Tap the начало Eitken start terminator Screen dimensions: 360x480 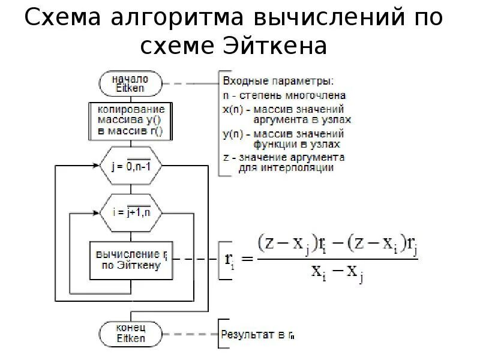(x=130, y=83)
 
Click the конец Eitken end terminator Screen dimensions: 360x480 (x=130, y=333)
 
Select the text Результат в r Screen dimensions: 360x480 (x=259, y=334)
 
